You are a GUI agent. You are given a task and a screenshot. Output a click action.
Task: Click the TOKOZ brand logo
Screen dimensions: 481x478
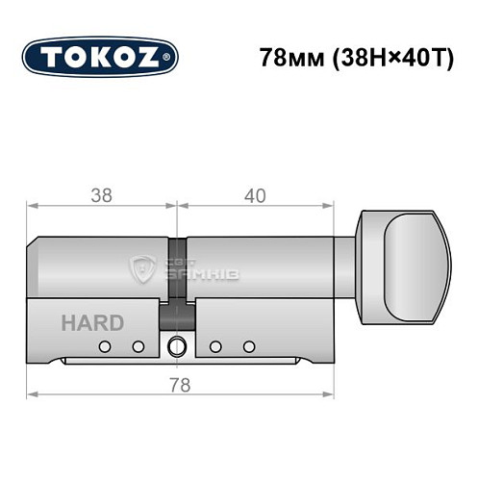click(100, 57)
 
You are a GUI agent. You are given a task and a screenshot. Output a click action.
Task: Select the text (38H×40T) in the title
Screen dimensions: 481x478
click(386, 57)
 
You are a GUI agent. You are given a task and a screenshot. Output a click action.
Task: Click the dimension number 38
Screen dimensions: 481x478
click(100, 195)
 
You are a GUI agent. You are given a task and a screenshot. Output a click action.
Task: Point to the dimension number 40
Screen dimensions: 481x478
click(255, 195)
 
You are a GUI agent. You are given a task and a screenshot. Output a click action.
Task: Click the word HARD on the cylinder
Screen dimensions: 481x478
click(92, 322)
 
